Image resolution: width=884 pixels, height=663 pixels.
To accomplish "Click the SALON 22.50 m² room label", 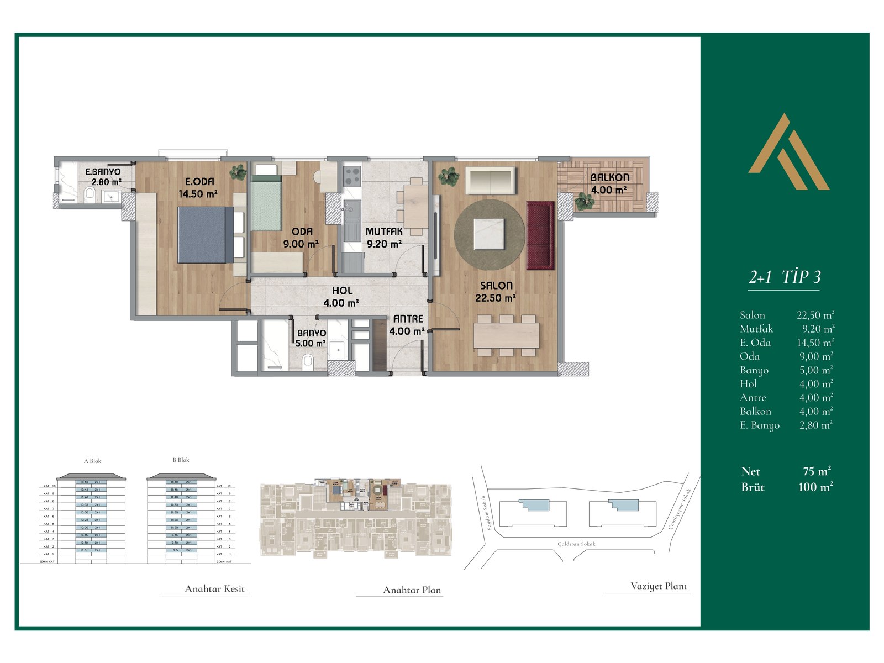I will [496, 292].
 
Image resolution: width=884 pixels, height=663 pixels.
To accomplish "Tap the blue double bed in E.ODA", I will [203, 235].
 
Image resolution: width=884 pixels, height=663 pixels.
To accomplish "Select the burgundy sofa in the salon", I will [540, 235].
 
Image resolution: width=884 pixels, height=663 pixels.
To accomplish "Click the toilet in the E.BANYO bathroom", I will [89, 194].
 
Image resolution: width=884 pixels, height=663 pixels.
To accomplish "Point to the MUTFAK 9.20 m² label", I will [384, 238].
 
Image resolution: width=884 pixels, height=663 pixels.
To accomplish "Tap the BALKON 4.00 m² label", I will [609, 183].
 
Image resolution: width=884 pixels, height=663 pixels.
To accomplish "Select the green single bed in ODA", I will [266, 202].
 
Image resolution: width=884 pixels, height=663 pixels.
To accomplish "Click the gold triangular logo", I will [789, 153].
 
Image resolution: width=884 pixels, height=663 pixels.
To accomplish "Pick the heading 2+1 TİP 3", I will [784, 277].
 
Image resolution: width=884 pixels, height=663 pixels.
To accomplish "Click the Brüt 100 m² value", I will [815, 487].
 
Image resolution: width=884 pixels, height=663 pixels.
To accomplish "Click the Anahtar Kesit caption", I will [214, 589].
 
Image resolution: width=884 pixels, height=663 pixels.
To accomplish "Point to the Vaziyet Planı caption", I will [659, 586].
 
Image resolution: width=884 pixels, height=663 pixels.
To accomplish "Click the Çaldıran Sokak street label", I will [576, 544].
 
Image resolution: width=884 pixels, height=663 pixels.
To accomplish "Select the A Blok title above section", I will [92, 461].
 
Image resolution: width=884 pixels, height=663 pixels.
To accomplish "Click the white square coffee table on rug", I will [488, 234].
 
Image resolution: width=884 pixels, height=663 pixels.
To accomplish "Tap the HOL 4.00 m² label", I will [342, 297].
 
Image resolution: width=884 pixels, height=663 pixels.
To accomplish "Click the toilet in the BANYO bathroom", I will [308, 361].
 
